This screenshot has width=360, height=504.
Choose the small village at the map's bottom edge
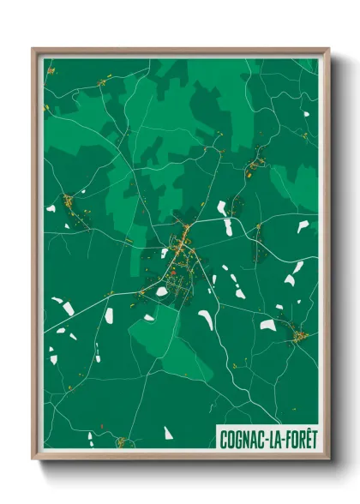[121, 442]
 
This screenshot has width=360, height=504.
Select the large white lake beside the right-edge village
[268, 326]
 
